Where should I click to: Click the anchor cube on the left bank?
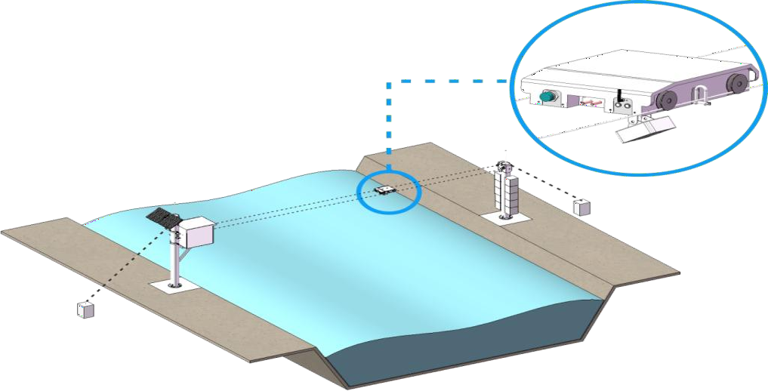pos(85,309)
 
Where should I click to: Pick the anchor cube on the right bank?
pos(581,206)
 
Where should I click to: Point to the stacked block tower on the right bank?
pos(504,192)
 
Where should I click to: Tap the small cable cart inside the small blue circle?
pos(384,189)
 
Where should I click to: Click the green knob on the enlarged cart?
pos(549,96)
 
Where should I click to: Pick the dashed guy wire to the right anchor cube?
pos(547,185)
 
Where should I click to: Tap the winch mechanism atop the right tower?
pos(504,164)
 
